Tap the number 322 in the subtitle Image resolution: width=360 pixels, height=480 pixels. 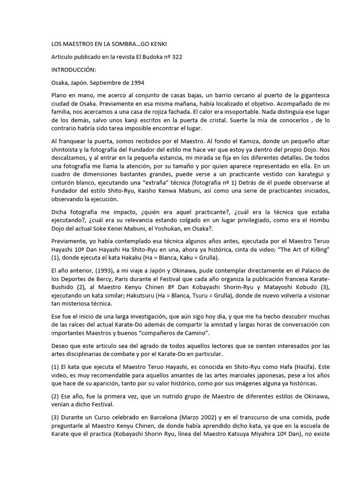(x=176, y=57)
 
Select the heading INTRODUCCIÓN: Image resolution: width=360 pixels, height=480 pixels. (x=76, y=69)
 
